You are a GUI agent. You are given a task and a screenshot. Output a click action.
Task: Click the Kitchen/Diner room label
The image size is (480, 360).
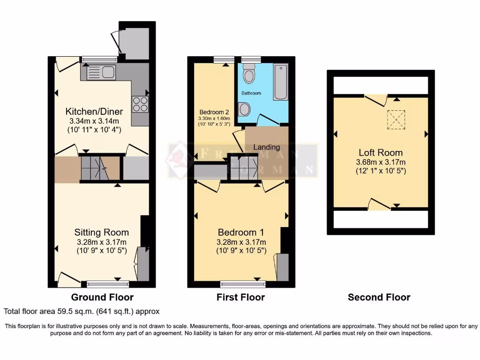[x=94, y=112]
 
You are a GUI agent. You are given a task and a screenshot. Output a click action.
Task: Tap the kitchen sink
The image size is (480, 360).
[x=101, y=73]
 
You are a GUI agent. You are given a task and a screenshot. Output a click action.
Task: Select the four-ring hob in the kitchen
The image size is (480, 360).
[x=140, y=104]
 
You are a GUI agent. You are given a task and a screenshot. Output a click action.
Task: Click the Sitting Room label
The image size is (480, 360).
[x=101, y=232]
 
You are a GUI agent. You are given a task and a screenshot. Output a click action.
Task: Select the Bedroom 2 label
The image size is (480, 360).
[x=214, y=112]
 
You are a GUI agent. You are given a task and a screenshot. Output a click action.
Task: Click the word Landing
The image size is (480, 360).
[x=267, y=147]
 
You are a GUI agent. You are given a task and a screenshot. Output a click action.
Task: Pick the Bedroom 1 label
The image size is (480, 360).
[x=241, y=232]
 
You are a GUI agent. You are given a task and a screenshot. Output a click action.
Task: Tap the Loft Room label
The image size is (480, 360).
[x=380, y=153]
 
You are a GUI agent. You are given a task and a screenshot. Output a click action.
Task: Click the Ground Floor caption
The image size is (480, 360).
[x=102, y=297]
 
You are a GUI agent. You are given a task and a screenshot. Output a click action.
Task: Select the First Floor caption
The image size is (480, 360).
[x=240, y=297]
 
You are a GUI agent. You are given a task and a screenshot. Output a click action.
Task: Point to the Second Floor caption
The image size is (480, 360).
[x=379, y=297]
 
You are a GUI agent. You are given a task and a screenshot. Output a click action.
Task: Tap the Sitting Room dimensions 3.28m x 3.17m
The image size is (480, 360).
[x=101, y=242]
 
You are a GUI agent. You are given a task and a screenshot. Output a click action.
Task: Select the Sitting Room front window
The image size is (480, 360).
[x=107, y=283]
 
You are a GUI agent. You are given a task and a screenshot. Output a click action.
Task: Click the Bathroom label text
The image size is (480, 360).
[x=251, y=93]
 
